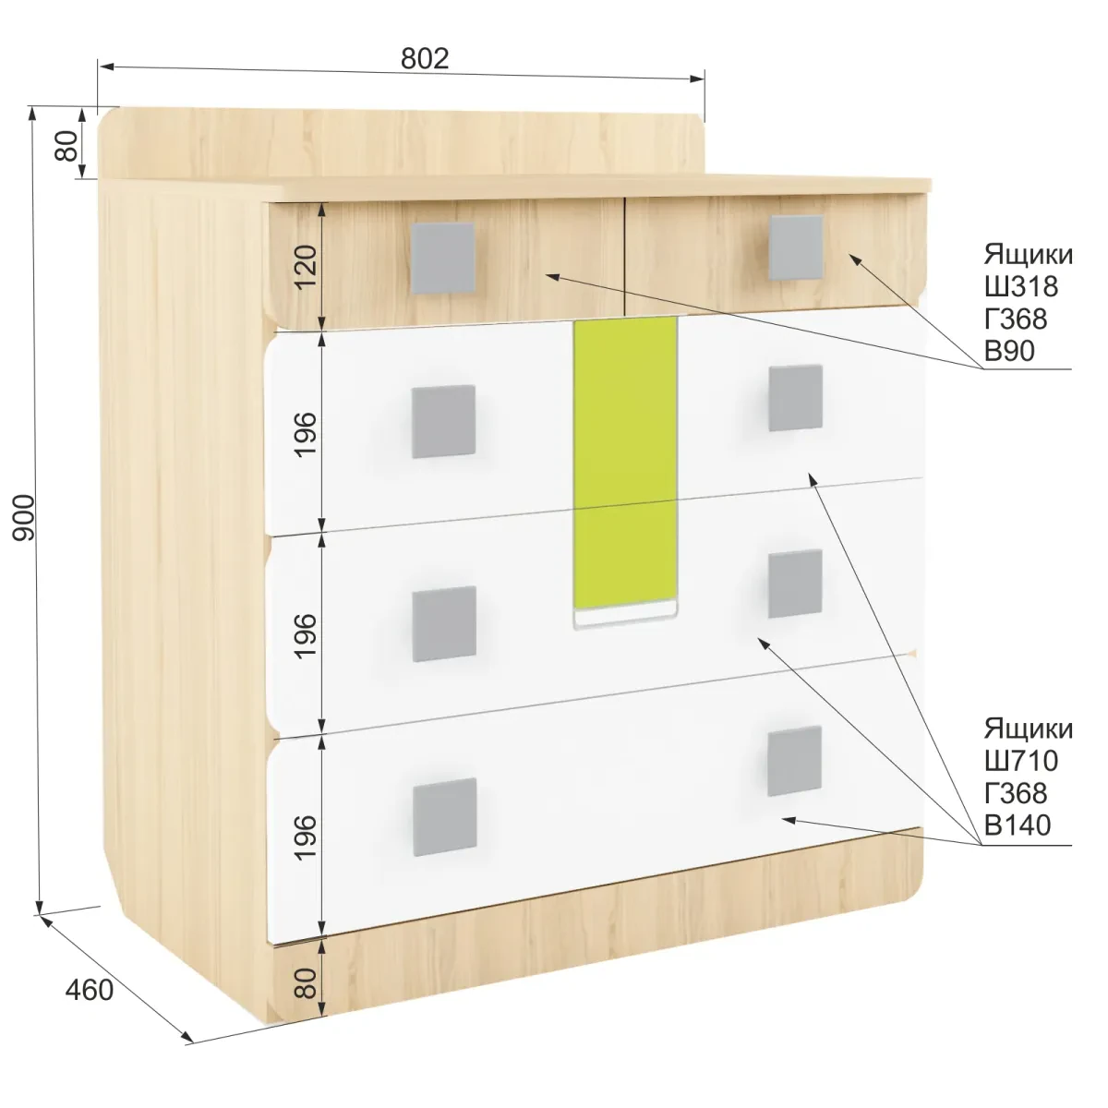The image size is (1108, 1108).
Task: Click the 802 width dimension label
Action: pos(425,59)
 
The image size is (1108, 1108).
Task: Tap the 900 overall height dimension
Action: pos(24,517)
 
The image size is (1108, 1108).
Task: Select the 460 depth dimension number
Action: pos(90,990)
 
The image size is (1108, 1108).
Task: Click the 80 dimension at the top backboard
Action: pos(66,146)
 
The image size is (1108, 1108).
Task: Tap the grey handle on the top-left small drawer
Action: pos(443,259)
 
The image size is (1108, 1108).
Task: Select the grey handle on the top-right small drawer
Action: pos(796,247)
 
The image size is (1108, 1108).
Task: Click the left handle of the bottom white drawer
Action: pos(444,817)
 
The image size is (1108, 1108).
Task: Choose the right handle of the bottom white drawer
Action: pos(795,761)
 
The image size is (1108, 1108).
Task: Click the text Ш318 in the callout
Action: pos(1021,286)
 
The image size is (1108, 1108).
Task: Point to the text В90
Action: pos(1009,351)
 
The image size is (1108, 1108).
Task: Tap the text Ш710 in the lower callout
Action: pos(1021,761)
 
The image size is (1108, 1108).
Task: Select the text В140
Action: pos(1018,825)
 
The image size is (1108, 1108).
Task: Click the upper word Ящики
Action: pos(1028,255)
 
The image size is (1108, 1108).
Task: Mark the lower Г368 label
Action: pos(1016,793)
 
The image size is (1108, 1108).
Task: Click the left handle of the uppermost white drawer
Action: pos(443,421)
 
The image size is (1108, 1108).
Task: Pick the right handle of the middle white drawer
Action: pos(795,584)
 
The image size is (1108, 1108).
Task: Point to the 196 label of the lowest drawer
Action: pos(306,837)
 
